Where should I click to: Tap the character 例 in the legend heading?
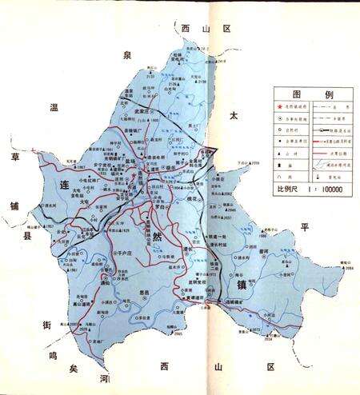[327, 94]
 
